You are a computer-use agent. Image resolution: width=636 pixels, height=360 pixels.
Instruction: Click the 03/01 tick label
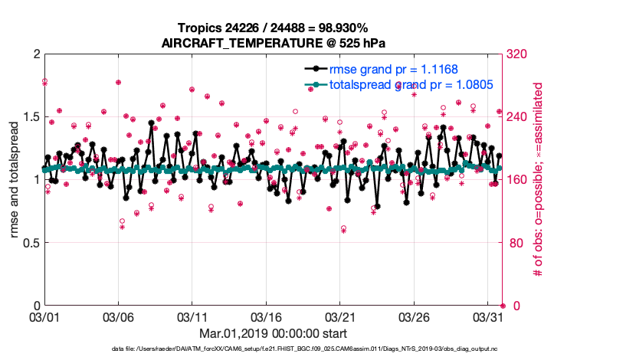[44, 316]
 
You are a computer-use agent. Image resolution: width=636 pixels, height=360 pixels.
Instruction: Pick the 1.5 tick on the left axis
[28, 116]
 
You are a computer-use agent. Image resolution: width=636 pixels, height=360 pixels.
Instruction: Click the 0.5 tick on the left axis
[28, 243]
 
